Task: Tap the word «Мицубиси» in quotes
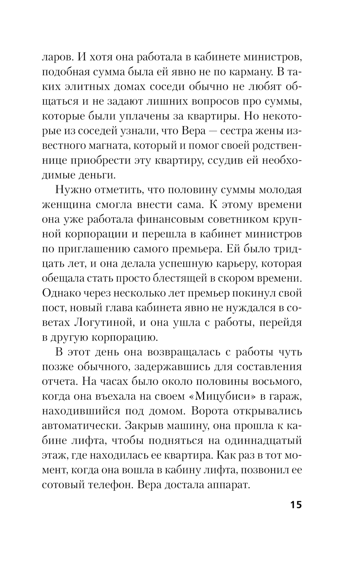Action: (x=222, y=396)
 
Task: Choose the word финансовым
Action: (x=170, y=219)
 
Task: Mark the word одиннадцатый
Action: (x=262, y=440)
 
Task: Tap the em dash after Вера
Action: (x=213, y=131)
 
